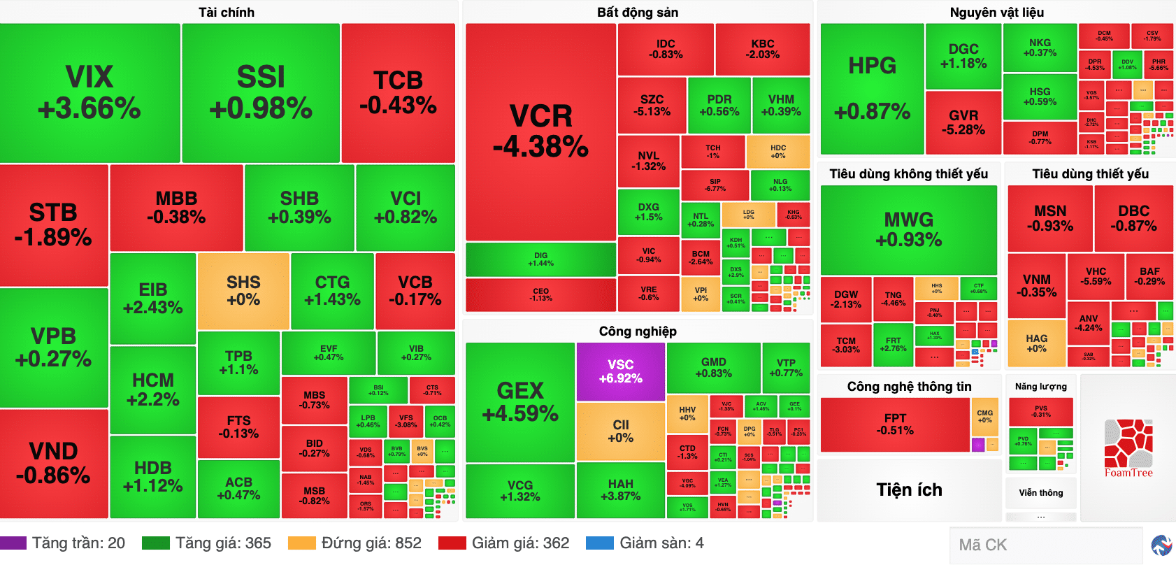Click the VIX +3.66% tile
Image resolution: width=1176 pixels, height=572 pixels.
(89, 93)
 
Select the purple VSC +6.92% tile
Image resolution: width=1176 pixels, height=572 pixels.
(620, 371)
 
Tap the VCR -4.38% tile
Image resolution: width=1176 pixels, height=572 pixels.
(540, 131)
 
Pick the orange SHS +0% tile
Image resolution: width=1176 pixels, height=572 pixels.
(243, 291)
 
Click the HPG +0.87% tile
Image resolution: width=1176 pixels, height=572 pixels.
(872, 89)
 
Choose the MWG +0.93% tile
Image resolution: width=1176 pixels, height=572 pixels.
(909, 229)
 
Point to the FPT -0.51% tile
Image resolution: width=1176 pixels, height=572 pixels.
(895, 424)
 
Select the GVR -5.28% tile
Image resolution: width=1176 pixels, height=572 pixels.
(963, 122)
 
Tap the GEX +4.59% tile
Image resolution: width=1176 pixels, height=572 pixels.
(520, 401)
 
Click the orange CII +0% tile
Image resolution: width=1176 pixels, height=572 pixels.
(620, 431)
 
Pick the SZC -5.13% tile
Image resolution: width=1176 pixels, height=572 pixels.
(652, 106)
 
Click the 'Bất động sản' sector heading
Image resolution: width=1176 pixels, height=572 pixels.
(637, 13)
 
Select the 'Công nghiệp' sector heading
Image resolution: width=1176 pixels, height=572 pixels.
(637, 331)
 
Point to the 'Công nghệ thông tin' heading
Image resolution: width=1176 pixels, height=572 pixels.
(909, 387)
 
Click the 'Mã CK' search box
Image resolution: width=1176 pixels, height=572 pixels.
(1045, 545)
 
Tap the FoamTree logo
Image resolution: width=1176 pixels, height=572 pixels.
(1128, 448)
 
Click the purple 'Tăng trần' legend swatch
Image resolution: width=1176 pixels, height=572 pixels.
(13, 543)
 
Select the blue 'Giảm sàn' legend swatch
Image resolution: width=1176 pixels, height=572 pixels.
(599, 543)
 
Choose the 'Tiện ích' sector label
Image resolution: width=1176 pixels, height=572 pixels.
(909, 489)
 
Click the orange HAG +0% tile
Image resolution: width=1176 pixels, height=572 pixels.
(1036, 343)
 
